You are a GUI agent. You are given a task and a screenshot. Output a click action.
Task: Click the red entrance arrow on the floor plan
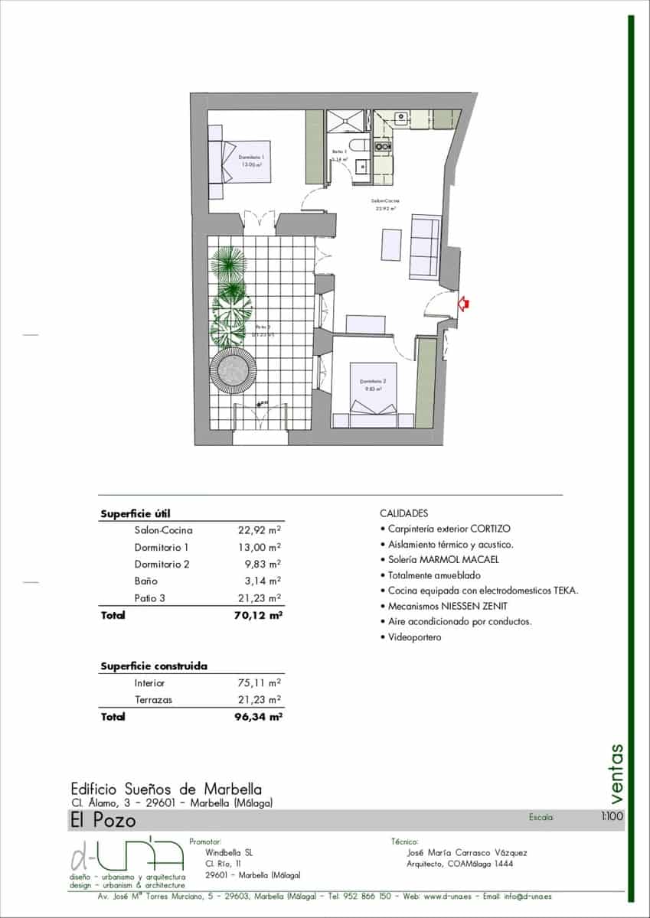click(463, 304)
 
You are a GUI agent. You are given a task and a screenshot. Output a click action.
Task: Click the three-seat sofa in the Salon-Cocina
click(426, 246)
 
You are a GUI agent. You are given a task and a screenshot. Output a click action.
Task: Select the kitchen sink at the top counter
click(400, 118)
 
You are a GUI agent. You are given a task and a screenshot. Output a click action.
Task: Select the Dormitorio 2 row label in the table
click(161, 565)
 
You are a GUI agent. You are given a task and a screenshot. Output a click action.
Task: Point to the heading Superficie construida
click(154, 666)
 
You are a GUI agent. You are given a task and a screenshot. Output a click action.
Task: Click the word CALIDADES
click(403, 513)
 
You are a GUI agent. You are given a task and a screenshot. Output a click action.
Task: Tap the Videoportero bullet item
click(413, 637)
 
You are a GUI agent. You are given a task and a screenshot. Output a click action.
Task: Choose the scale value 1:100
click(612, 817)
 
